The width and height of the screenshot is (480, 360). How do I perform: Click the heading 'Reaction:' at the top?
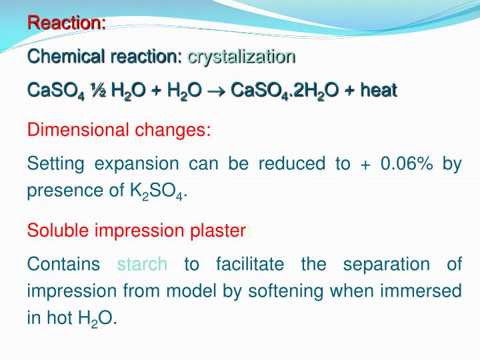click(67, 23)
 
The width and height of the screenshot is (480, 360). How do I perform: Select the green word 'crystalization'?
click(241, 57)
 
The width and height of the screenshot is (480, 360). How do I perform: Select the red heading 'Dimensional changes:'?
click(119, 129)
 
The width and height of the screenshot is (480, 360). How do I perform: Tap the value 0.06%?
click(403, 164)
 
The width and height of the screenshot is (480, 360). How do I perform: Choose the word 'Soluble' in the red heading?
click(59, 231)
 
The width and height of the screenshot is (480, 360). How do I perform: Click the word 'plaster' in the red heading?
click(217, 231)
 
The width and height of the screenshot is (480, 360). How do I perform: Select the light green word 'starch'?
click(142, 264)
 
